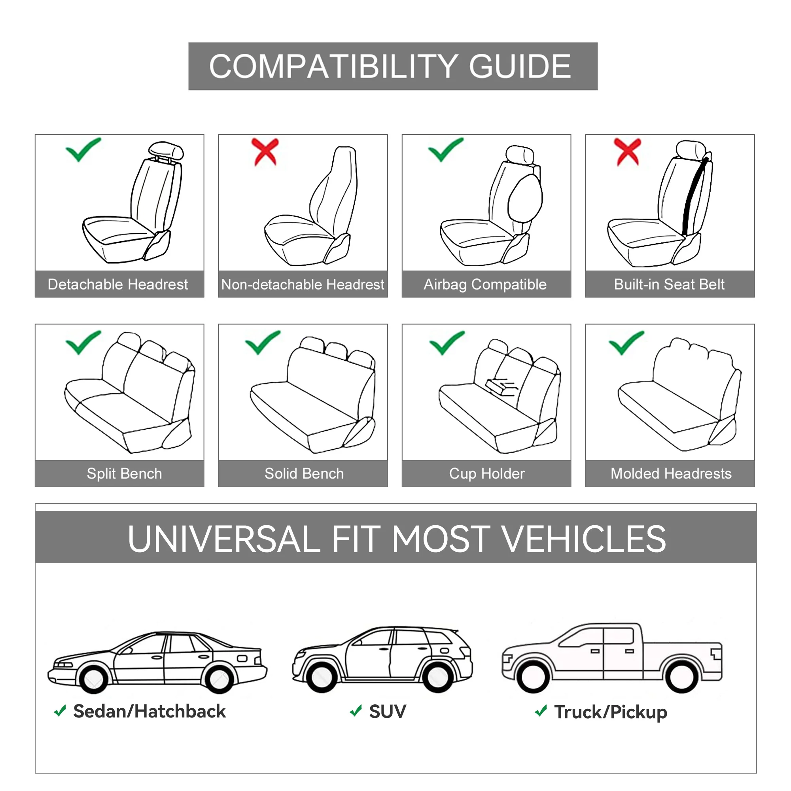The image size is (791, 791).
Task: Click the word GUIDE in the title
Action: pos(520,66)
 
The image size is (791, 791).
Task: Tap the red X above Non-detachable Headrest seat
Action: pos(265,151)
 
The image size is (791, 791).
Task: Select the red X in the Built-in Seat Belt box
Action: pos(627,151)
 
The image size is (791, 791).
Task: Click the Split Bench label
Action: pos(124,474)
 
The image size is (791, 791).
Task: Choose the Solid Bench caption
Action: pos(304,474)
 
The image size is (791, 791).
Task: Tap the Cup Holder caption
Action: pos(486,474)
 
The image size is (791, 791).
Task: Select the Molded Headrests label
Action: pos(671,474)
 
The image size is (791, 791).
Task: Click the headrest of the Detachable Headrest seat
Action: pos(166,151)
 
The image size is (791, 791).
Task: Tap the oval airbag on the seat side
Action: pos(525,198)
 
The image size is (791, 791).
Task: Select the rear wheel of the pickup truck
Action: pos(682,677)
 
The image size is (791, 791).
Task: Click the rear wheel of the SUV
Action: pos(438,678)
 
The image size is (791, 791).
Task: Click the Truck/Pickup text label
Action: pos(610,712)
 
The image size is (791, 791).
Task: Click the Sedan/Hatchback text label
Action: pos(149,711)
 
